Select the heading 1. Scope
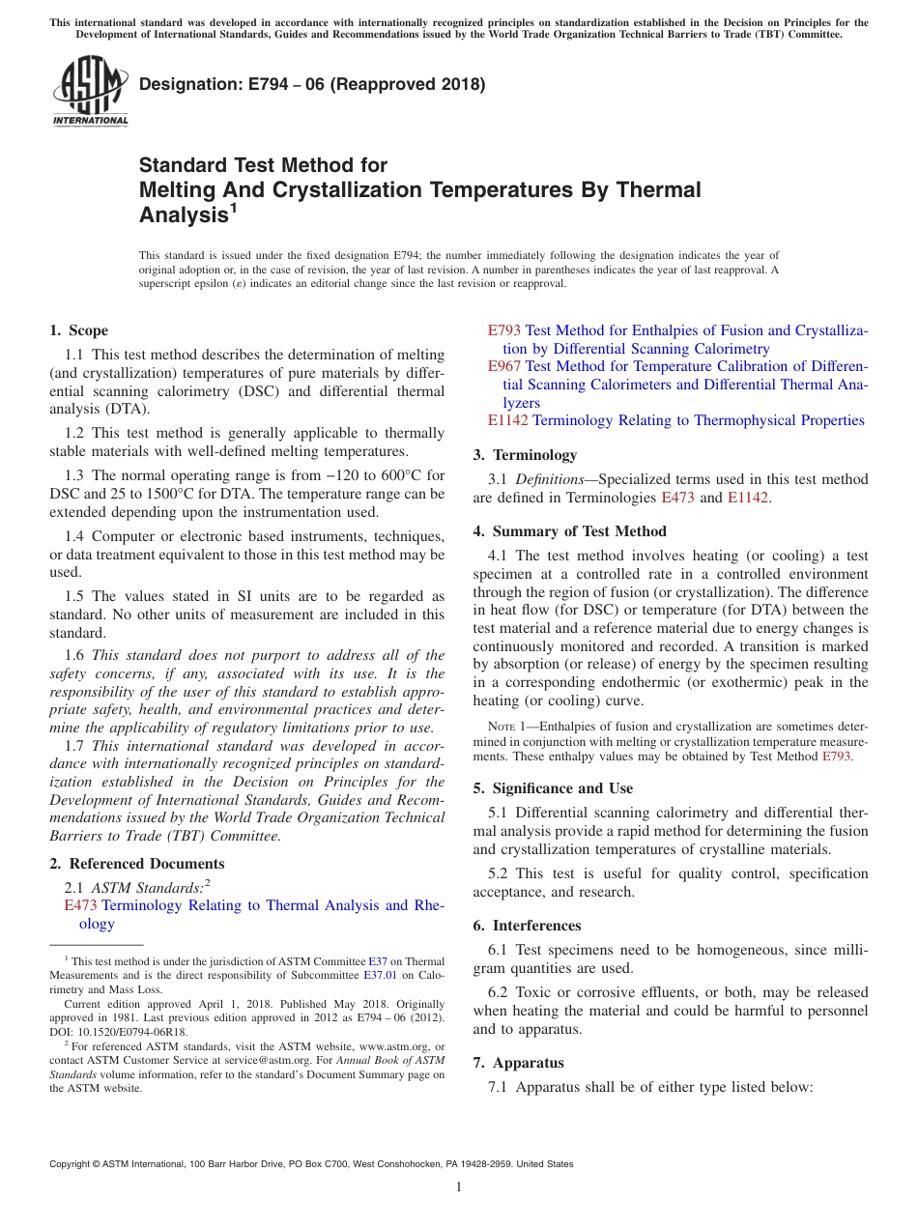[78, 330]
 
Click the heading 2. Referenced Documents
[136, 864]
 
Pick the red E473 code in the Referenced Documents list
[81, 905]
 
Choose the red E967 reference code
[504, 366]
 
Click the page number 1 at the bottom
[459, 1187]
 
